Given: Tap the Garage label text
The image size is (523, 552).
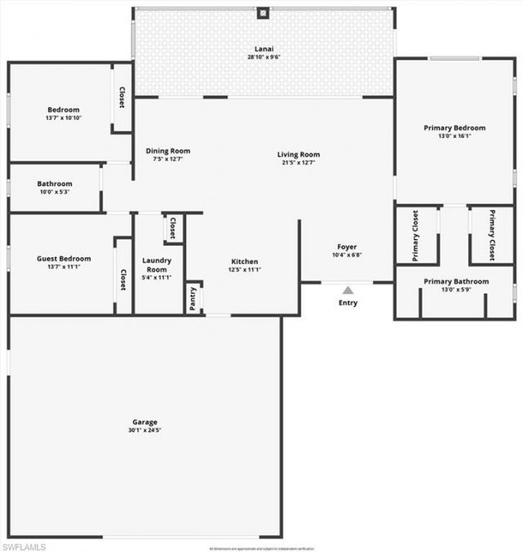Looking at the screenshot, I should pyautogui.click(x=145, y=422).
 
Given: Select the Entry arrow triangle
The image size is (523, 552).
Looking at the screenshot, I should pyautogui.click(x=348, y=290).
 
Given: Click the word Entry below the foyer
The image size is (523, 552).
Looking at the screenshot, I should pyautogui.click(x=348, y=303).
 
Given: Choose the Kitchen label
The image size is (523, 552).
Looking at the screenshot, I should pyautogui.click(x=244, y=261).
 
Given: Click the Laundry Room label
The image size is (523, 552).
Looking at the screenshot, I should pyautogui.click(x=156, y=265).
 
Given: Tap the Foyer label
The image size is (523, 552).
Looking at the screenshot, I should pyautogui.click(x=347, y=247).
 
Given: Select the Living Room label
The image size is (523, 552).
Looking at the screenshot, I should pyautogui.click(x=298, y=154).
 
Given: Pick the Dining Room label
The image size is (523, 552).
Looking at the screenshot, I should pyautogui.click(x=168, y=150).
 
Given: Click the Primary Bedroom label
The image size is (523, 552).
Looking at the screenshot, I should pyautogui.click(x=454, y=127).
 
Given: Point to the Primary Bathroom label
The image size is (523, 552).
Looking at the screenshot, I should pyautogui.click(x=456, y=282).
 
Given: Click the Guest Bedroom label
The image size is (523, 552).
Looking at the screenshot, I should pyautogui.click(x=64, y=259).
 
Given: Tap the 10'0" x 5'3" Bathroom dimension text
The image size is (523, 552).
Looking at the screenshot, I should pyautogui.click(x=54, y=193).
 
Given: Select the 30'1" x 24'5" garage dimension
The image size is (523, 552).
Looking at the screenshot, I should pyautogui.click(x=145, y=430).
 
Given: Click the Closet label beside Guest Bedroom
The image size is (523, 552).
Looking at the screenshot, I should pyautogui.click(x=123, y=279).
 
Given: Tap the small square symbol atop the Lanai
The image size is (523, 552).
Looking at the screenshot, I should pyautogui.click(x=263, y=13).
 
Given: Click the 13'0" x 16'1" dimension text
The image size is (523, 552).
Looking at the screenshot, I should pyautogui.click(x=454, y=136).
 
